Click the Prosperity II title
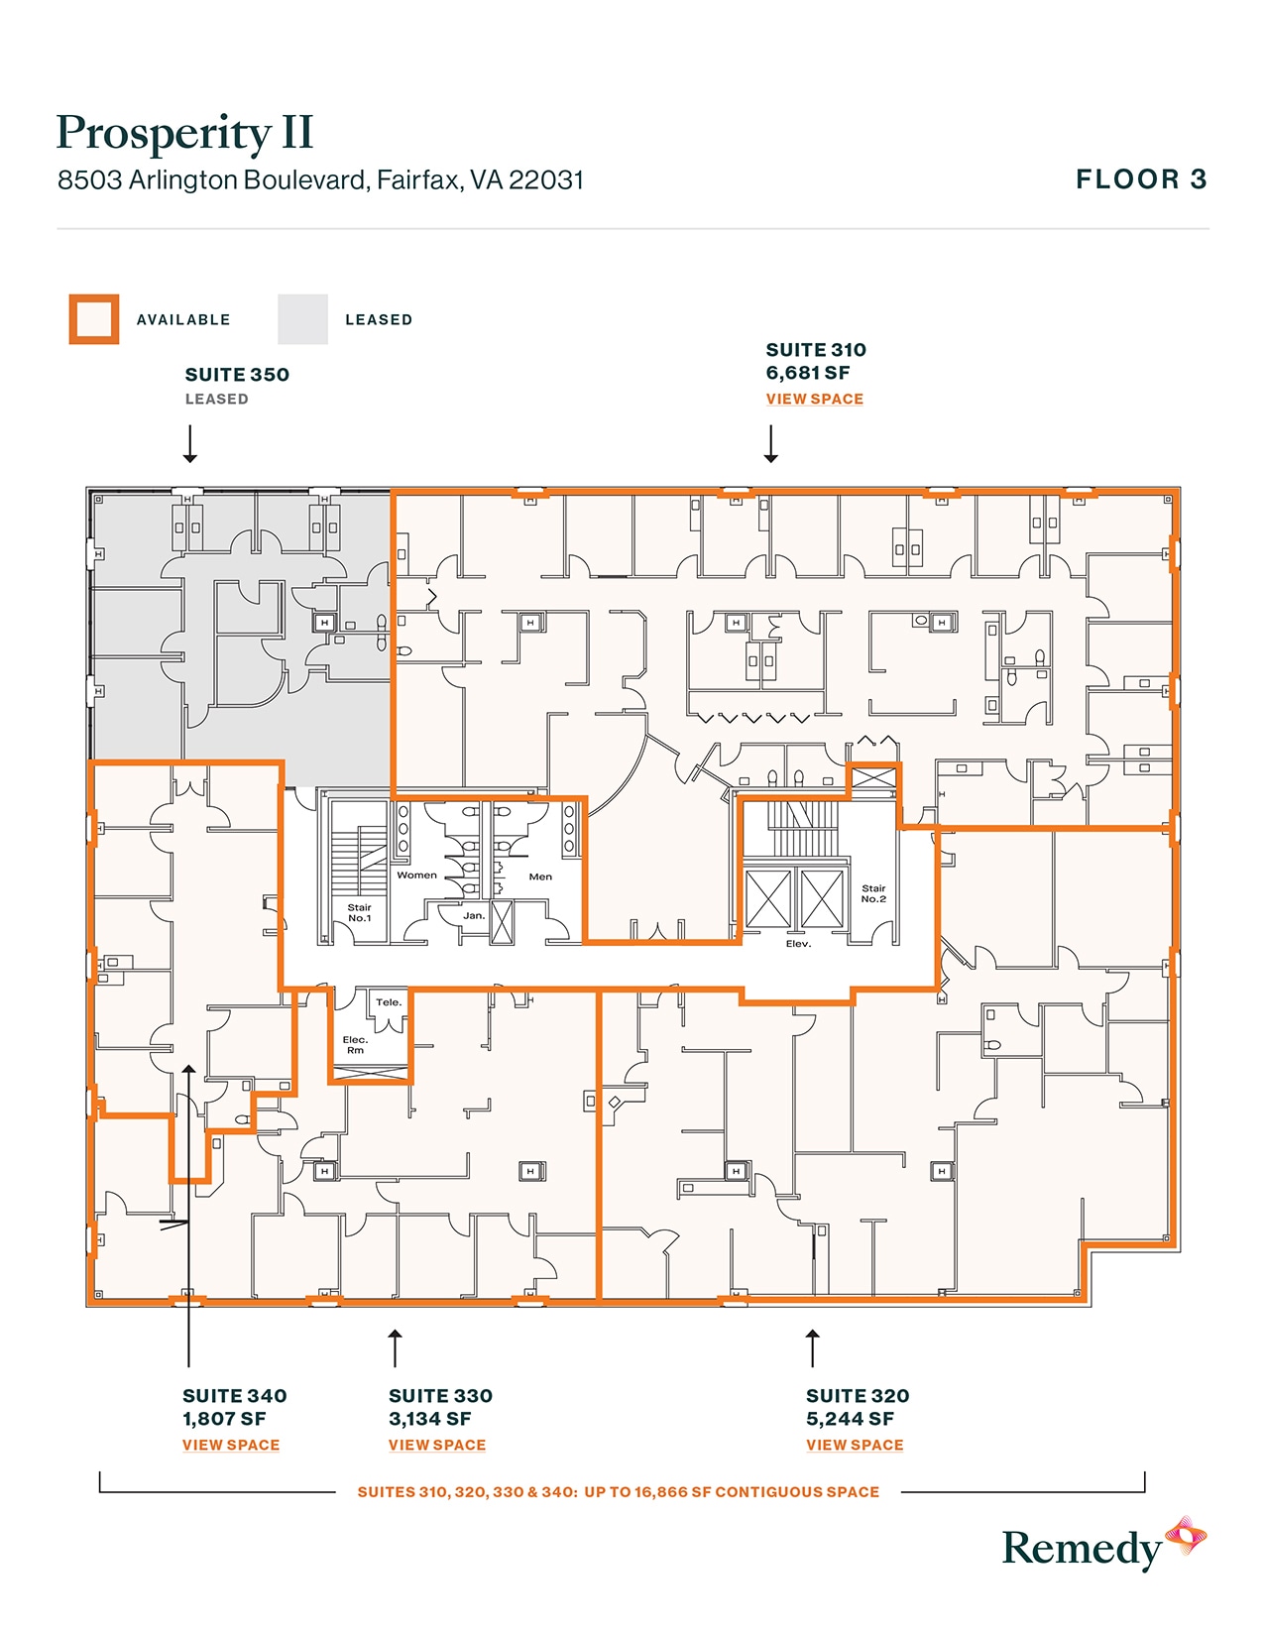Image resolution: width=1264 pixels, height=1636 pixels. [185, 134]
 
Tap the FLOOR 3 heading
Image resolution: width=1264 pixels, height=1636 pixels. [1141, 179]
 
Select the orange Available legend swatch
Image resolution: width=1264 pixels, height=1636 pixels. [94, 319]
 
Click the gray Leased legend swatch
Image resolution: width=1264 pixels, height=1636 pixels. [302, 319]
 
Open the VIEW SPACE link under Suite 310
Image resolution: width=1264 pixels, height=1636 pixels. [814, 399]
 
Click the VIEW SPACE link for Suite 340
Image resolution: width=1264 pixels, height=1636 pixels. [231, 1445]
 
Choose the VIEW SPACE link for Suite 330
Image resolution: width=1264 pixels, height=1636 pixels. [437, 1445]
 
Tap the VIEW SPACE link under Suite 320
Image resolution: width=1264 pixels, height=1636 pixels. [855, 1445]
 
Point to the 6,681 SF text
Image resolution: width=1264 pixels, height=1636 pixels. [807, 373]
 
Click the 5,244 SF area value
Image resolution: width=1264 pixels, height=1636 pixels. [850, 1419]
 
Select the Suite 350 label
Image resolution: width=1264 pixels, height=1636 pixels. [237, 375]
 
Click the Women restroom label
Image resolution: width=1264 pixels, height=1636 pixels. [416, 875]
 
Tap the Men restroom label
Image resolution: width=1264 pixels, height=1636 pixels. [540, 876]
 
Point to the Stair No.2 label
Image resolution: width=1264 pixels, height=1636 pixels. [873, 893]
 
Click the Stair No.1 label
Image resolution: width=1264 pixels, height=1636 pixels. [359, 912]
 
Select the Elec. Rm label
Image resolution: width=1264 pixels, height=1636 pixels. [355, 1044]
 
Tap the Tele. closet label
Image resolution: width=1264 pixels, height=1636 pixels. [389, 1002]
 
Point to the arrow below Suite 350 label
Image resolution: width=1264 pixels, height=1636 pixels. [189, 444]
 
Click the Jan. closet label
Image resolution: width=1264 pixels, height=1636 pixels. [474, 915]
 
